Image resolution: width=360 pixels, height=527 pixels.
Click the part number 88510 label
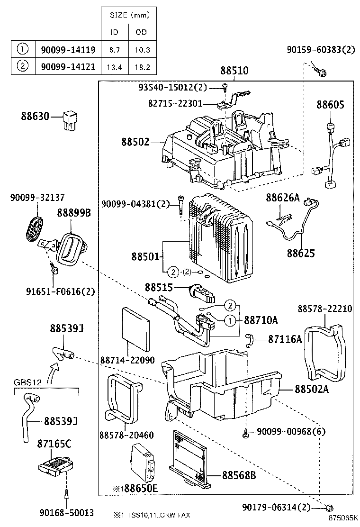click(234, 71)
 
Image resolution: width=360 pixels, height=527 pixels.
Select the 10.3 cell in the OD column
click(141, 49)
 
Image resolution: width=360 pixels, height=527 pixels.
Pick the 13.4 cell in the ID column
click(114, 67)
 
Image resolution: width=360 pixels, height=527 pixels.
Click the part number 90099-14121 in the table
click(68, 67)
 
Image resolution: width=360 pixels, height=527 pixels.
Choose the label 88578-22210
click(324, 309)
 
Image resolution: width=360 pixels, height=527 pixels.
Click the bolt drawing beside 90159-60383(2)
click(322, 73)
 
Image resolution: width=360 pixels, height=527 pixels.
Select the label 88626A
click(282, 197)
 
